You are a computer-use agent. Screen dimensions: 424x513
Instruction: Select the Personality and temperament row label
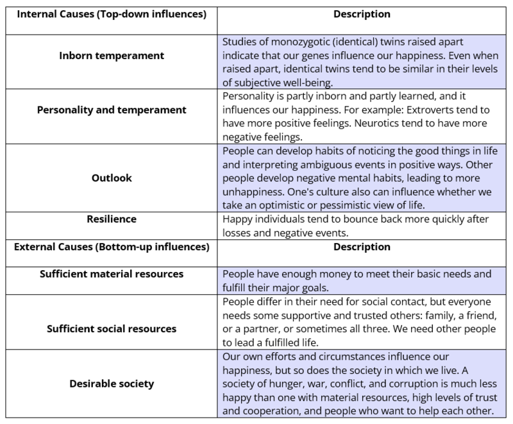point(111,110)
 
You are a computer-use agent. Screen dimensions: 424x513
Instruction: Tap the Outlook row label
point(111,177)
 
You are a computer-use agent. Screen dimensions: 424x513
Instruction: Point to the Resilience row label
point(111,219)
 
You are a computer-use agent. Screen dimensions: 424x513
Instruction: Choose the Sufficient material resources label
point(111,274)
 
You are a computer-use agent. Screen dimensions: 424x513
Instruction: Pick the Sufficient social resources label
point(111,329)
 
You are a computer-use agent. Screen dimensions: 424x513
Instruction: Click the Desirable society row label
point(111,384)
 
